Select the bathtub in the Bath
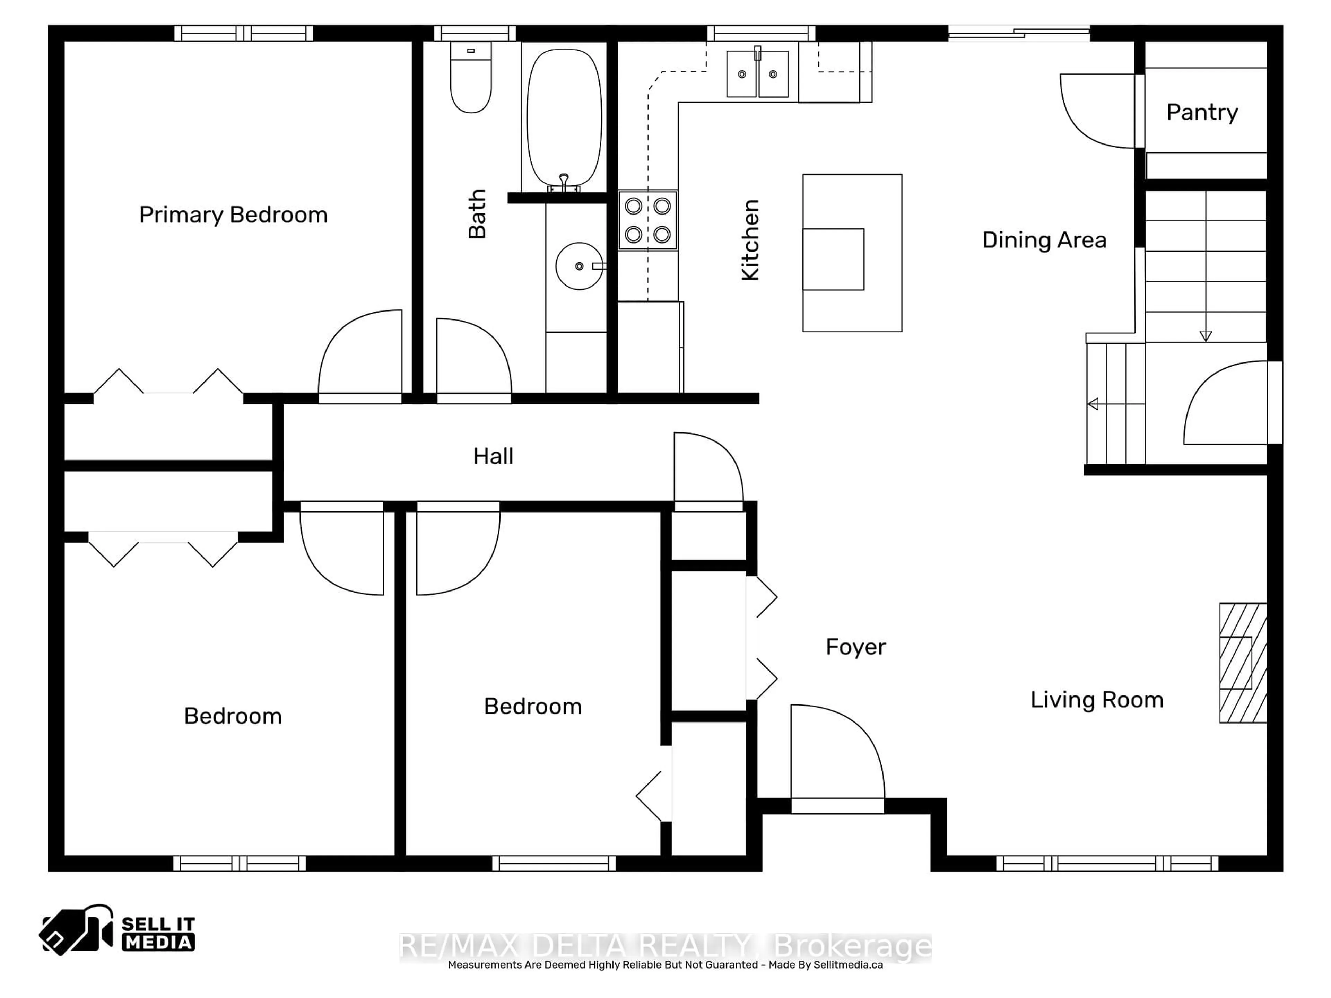point(564,117)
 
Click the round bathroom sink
point(579,266)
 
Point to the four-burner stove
point(647,220)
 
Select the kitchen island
point(852,253)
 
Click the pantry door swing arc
point(1092,114)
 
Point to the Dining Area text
point(1044,240)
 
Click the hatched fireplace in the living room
point(1243,662)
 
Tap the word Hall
point(493,456)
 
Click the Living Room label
point(1096,700)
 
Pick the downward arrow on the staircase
point(1205,336)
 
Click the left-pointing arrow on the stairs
point(1093,404)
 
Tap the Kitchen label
point(750,240)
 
